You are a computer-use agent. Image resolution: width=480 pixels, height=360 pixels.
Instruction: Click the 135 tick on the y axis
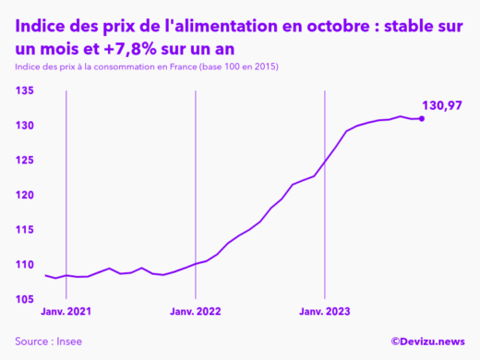click(24, 90)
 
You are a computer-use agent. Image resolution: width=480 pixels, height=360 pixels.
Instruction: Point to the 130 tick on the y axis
click(24, 126)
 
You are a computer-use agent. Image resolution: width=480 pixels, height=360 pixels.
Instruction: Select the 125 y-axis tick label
click(24, 161)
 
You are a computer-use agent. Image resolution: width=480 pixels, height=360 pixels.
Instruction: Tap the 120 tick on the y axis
click(24, 196)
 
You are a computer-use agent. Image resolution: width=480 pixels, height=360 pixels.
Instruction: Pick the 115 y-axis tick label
click(24, 230)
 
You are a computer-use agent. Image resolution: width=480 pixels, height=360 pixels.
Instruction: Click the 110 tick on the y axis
click(24, 265)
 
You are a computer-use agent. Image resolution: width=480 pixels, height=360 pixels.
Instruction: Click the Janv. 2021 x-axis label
click(66, 313)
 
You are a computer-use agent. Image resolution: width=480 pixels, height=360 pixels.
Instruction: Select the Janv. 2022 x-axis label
click(196, 313)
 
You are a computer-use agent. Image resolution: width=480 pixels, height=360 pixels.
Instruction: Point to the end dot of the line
click(422, 118)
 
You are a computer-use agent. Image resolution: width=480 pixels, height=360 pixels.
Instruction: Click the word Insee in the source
click(68, 342)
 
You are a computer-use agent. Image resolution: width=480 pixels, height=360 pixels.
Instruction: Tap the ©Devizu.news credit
click(426, 342)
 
